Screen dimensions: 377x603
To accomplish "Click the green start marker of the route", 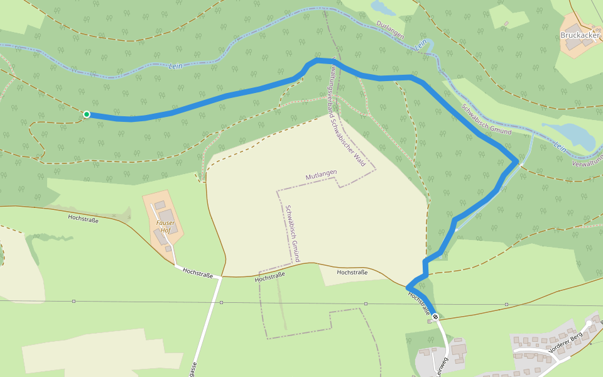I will [87, 114].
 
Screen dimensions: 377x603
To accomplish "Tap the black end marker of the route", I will [435, 317].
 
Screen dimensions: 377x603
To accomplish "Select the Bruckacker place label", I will [580, 35].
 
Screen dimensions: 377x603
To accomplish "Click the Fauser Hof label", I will [166, 226].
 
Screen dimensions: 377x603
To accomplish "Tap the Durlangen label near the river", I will [389, 29].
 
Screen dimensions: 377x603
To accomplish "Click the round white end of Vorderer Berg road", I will [589, 324].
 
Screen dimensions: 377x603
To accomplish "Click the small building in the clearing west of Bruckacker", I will [506, 25].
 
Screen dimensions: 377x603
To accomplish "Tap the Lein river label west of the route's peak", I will [175, 65].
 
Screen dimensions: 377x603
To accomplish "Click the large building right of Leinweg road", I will [459, 348].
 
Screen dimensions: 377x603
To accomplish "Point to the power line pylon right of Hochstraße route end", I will [506, 304].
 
